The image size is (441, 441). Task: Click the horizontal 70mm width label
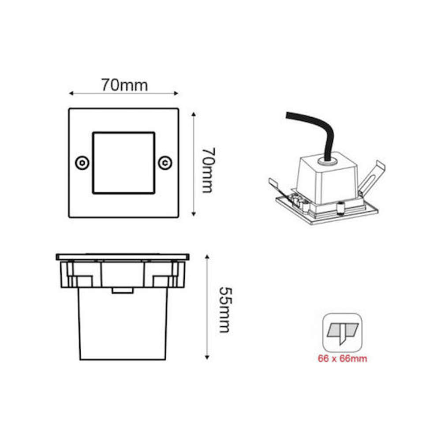(x=124, y=85)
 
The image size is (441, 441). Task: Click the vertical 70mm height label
(x=209, y=170)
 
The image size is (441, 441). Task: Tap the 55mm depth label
(x=225, y=310)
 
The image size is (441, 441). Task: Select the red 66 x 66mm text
(x=342, y=359)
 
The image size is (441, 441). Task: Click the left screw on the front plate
(x=82, y=163)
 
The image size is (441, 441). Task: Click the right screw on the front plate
(x=165, y=163)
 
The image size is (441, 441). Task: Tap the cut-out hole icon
(x=342, y=333)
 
